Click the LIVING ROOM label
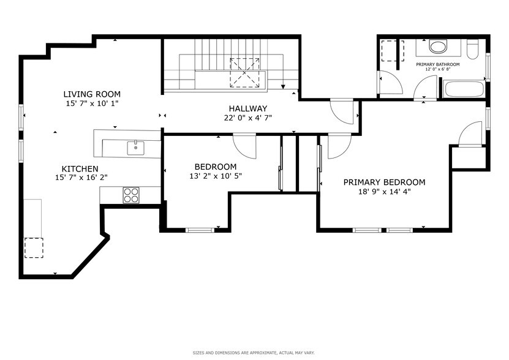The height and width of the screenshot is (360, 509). [92, 94]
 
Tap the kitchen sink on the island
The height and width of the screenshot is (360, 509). [134, 147]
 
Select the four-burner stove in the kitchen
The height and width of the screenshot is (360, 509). [131, 195]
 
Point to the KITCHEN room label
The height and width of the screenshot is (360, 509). [80, 168]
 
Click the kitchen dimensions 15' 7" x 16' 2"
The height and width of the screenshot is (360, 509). [80, 178]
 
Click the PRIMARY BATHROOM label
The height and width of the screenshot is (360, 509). [437, 64]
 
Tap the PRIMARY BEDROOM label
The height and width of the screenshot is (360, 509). [384, 182]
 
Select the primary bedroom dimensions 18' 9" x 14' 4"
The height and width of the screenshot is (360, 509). [384, 191]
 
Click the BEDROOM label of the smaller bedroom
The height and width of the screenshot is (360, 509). [216, 167]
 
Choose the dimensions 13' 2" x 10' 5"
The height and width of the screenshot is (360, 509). [216, 176]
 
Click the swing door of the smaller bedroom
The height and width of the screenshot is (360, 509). [245, 146]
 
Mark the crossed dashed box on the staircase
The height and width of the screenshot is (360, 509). [245, 72]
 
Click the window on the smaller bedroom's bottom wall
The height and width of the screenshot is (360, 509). [200, 230]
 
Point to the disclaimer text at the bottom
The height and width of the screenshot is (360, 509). [254, 353]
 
